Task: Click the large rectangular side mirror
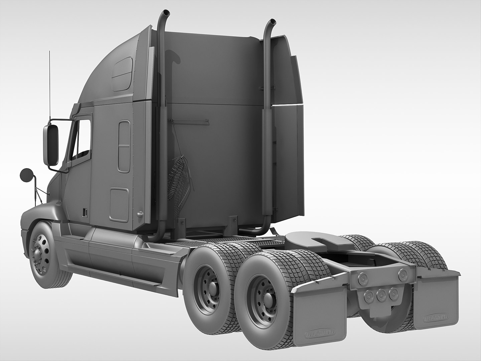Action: pos(51,145)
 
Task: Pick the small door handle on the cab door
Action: pos(85,212)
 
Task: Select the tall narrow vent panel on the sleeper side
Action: pos(124,147)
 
